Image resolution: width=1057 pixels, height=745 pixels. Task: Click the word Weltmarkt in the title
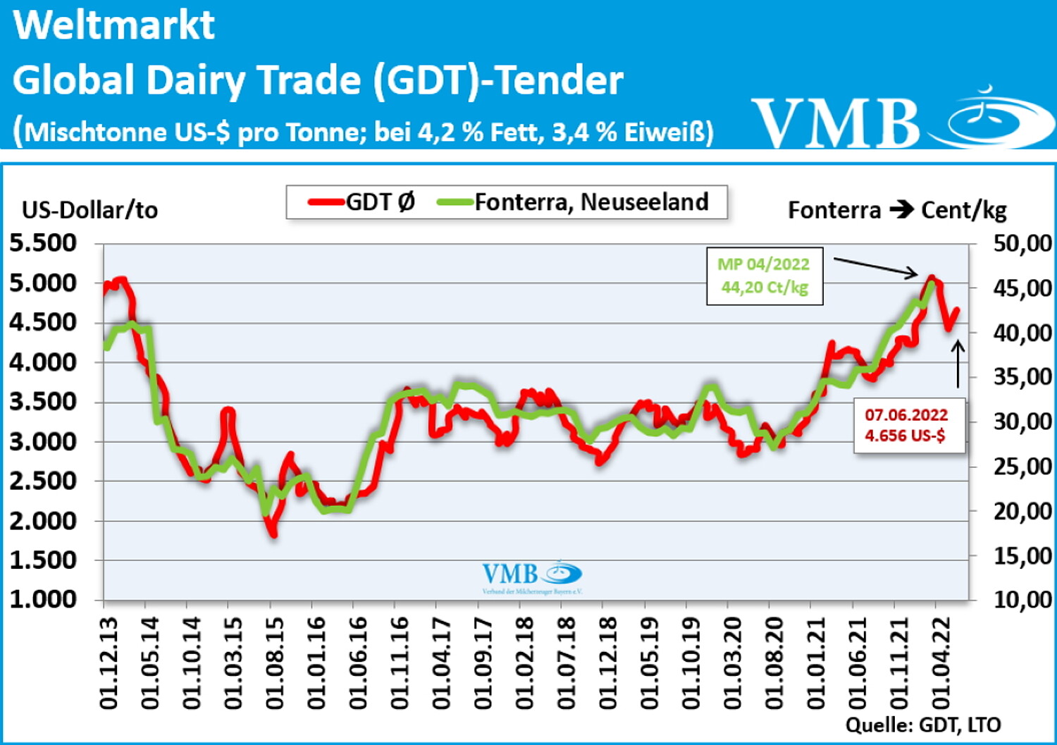pyautogui.click(x=113, y=25)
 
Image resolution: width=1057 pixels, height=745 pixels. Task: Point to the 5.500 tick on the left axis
pyautogui.click(x=43, y=242)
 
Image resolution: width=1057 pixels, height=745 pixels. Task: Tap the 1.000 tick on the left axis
pyautogui.click(x=43, y=599)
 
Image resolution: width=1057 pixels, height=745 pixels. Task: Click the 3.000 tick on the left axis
pyautogui.click(x=43, y=441)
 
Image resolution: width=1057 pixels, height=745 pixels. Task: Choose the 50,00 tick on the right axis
pyautogui.click(x=1022, y=244)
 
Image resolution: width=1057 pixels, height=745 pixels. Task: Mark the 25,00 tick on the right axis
pyautogui.click(x=1022, y=467)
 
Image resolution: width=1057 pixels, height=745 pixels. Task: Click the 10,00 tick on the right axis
pyautogui.click(x=1022, y=600)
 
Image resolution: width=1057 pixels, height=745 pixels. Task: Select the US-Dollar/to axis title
pyautogui.click(x=89, y=210)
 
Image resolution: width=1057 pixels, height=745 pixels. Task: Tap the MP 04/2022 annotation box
pyautogui.click(x=765, y=276)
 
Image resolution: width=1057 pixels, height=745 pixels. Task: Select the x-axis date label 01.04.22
pyautogui.click(x=941, y=663)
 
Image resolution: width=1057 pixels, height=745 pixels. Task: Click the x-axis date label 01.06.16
pyautogui.click(x=359, y=663)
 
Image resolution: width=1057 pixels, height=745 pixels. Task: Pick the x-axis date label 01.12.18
pyautogui.click(x=608, y=663)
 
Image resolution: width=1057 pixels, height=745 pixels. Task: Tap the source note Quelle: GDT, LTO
pyautogui.click(x=923, y=725)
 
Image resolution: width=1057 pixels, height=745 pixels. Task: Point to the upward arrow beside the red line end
pyautogui.click(x=958, y=364)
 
